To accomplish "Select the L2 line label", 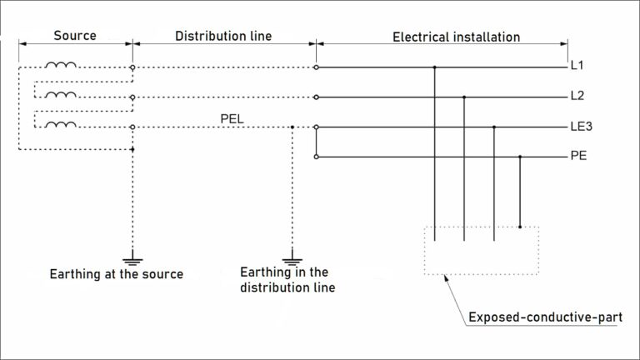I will click(577, 97).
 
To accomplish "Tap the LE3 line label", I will click(581, 127).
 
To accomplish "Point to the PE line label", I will click(578, 156).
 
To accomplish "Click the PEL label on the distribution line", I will click(232, 118).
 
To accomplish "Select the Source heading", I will click(75, 37).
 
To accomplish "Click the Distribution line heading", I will click(223, 37).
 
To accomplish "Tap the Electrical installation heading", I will click(456, 37).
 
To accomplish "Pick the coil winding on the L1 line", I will click(60, 66).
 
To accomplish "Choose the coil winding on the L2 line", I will click(60, 96).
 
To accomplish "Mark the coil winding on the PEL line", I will click(60, 126).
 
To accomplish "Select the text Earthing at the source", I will click(116, 274).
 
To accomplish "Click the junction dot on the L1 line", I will click(434, 67).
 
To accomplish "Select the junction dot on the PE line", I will click(521, 156).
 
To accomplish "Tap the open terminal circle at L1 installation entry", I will click(316, 67).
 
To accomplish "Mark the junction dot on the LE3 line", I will click(494, 127).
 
